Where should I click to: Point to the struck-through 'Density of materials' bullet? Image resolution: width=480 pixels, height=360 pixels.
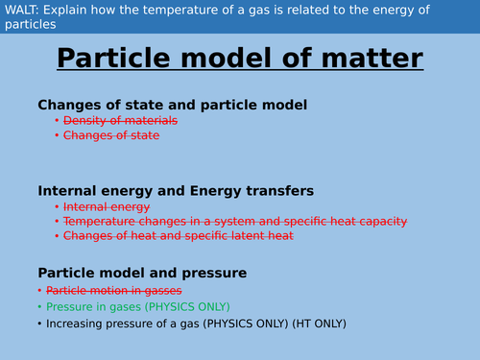[120, 121]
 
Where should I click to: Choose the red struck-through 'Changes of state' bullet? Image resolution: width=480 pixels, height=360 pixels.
[111, 135]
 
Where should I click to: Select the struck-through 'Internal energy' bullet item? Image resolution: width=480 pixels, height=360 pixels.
[107, 206]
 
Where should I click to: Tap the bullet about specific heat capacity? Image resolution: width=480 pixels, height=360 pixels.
[235, 221]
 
